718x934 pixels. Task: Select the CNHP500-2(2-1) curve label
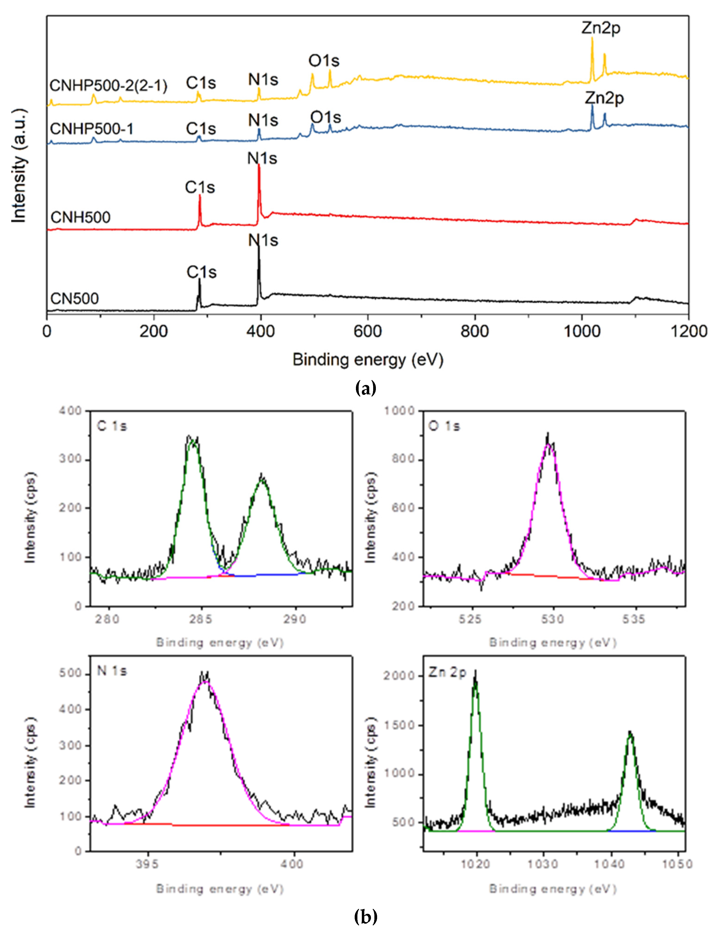[108, 86]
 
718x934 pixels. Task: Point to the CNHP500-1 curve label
[91, 129]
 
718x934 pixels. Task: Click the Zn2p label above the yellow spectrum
[601, 28]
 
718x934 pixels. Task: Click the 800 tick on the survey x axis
[474, 331]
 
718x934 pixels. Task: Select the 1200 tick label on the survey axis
[688, 331]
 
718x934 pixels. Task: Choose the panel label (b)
[366, 916]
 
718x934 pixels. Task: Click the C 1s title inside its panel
[112, 426]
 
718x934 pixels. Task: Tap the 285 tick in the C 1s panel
[201, 619]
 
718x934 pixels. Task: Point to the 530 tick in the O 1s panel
[553, 619]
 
